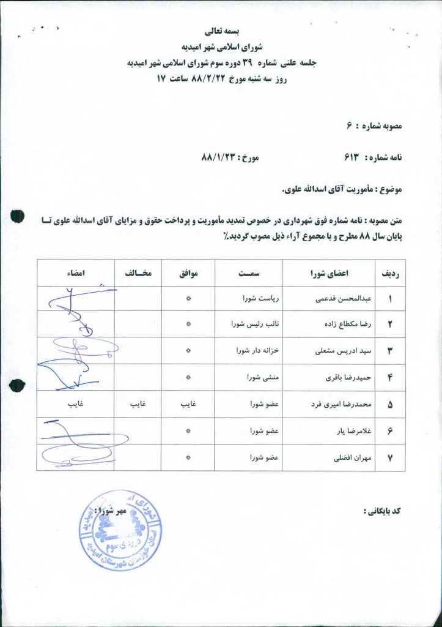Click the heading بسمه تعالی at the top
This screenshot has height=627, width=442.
222,30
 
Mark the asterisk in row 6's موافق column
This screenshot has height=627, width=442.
188,432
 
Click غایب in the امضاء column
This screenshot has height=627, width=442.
76,405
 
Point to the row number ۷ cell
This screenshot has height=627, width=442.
390,457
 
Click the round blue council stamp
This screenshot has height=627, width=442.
120,530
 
